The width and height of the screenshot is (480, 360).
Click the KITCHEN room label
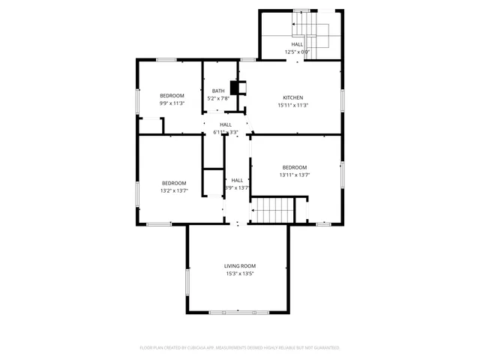coord(292,97)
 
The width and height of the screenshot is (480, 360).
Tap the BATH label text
coord(218,91)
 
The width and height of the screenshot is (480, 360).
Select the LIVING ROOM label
coord(240,265)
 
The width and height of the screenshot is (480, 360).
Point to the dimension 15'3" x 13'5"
coord(240,274)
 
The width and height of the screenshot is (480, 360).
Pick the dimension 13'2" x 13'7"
coord(174,190)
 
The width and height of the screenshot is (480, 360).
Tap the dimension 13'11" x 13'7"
coord(294,175)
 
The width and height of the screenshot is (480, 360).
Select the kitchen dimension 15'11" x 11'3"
coord(292,105)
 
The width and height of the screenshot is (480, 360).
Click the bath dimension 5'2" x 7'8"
coord(218,98)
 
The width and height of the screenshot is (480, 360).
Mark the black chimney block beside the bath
coord(235,88)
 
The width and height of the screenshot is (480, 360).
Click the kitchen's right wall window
coord(342,100)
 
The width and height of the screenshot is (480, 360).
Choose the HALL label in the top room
coord(298,44)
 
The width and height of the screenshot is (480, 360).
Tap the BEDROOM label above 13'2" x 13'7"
coord(174,183)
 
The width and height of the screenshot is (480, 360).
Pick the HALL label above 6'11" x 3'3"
coord(225,124)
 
